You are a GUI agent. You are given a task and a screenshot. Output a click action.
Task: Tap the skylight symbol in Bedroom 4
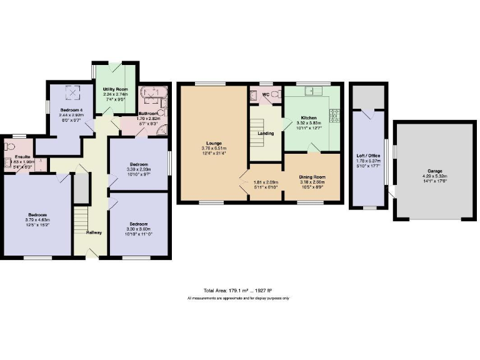(x=75, y=94)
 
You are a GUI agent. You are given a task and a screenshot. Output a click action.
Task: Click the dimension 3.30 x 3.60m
(x=138, y=229)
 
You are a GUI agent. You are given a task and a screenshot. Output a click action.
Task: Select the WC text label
(x=265, y=95)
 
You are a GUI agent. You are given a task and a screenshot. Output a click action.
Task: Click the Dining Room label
(x=312, y=177)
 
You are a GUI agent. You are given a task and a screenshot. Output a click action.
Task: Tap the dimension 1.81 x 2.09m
(x=266, y=182)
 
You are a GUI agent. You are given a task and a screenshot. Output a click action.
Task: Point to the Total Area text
(x=238, y=291)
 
